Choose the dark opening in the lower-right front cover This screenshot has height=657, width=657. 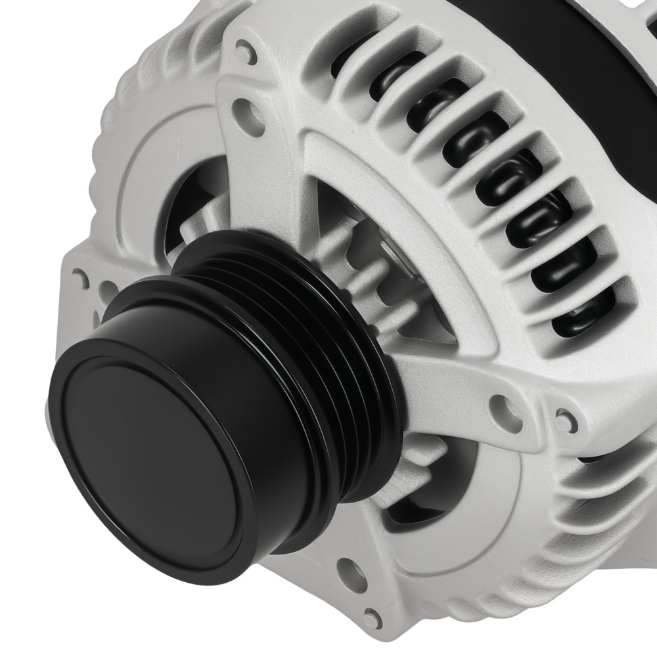[x=420, y=499]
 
